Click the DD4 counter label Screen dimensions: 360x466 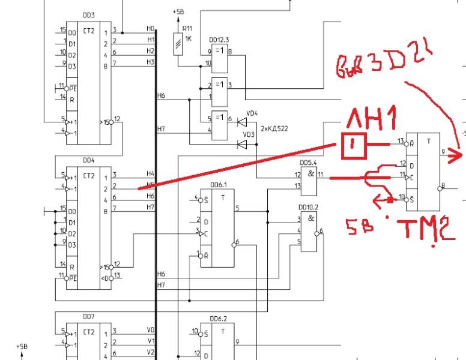pos(88,160)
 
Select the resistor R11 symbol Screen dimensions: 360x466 pos(178,44)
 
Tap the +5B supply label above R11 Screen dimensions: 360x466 pos(178,11)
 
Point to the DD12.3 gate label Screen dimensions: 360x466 pos(219,40)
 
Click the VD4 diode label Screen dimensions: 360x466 pos(252,112)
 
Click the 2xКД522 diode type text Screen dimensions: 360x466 pos(274,128)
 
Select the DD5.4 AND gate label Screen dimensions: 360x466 pos(308,162)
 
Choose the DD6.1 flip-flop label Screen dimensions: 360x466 pos(217,186)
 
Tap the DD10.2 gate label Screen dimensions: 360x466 pos(308,207)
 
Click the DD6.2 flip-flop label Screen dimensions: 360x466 pos(217,319)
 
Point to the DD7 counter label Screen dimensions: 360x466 pos(88,316)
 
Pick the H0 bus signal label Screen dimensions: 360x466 pos(150,28)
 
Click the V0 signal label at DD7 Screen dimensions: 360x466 pos(150,329)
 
